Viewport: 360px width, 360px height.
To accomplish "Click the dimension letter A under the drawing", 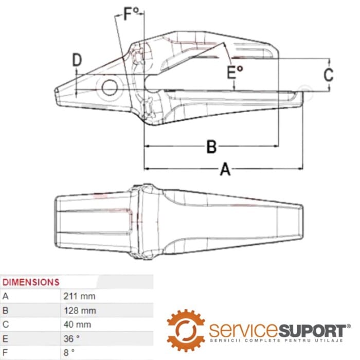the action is click(x=225, y=169).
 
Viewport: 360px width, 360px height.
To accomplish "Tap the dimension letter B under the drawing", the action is click(x=211, y=147).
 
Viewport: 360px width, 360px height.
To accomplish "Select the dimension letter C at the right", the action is click(x=329, y=75).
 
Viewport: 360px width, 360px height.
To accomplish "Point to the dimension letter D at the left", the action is click(x=77, y=60).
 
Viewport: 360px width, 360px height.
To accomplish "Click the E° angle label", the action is click(x=235, y=73).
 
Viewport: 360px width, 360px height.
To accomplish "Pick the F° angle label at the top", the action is click(x=131, y=14).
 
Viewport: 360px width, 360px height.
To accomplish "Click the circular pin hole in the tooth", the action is click(x=110, y=87).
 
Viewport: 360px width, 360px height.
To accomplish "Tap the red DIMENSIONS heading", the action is click(x=31, y=282).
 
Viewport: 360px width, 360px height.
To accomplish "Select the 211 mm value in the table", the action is click(x=79, y=296).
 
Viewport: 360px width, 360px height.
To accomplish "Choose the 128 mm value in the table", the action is click(x=80, y=311).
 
